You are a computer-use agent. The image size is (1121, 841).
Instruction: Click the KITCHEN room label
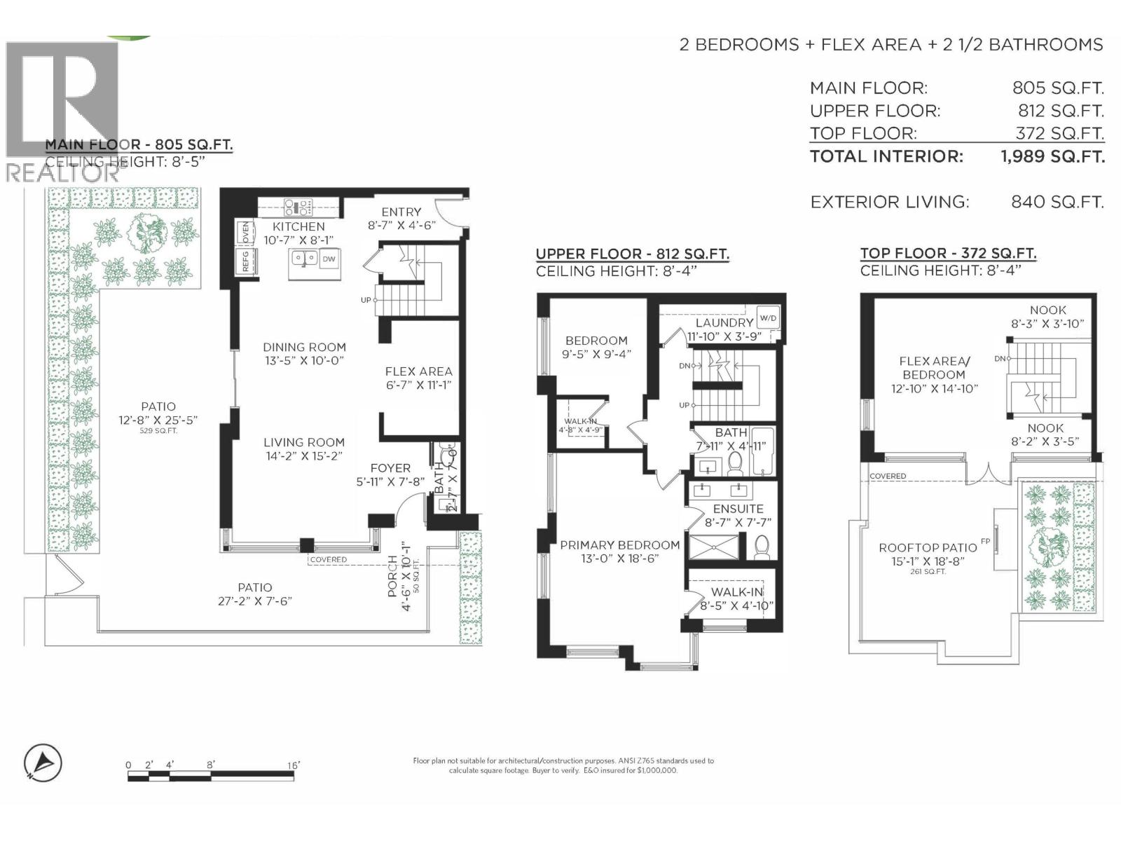pos(298,226)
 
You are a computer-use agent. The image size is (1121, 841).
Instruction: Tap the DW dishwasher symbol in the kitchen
pos(329,259)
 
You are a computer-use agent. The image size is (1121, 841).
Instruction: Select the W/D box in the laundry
pos(768,317)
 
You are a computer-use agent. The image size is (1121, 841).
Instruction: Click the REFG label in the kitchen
pos(246,263)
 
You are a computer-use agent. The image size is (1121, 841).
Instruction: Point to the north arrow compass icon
pos(43,763)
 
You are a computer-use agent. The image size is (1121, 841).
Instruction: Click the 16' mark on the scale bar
pos(293,765)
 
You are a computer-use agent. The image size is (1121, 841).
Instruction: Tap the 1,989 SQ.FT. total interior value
pos(1052,156)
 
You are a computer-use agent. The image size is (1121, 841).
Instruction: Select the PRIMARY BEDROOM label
pos(619,545)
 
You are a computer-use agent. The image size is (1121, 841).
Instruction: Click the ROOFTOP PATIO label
pos(928,547)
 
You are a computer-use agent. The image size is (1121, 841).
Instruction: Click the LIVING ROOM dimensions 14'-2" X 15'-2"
pos(304,456)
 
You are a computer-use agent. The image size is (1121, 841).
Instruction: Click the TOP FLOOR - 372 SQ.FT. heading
pos(948,254)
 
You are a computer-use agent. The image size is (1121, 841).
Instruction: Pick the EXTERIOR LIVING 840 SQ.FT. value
pos(1057,203)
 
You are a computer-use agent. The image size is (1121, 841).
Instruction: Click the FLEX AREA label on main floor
pos(418,371)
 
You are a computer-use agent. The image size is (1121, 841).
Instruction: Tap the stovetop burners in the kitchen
pos(298,207)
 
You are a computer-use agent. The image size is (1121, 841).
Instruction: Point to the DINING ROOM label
pos(304,347)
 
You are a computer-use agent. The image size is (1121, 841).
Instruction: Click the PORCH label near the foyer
pos(393,576)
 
